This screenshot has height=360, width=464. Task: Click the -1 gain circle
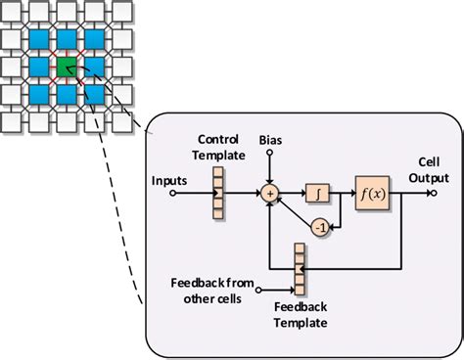click(319, 228)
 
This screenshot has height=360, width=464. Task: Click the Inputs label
click(171, 179)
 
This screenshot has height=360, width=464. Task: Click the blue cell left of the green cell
click(38, 67)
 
